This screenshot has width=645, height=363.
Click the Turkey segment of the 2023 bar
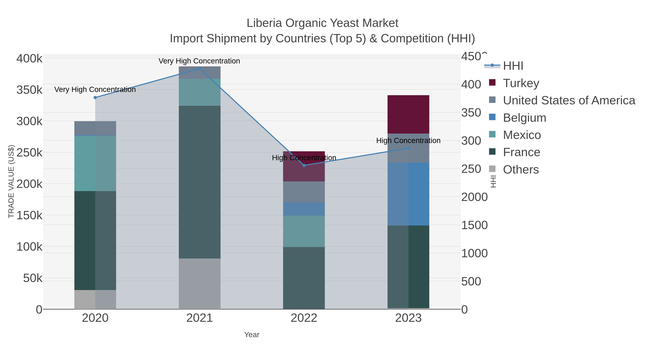[408, 114]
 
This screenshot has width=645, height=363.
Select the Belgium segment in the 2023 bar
[408, 194]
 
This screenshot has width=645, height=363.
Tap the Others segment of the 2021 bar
[200, 284]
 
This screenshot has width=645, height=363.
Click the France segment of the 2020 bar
[95, 241]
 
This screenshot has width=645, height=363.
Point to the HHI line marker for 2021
[200, 69]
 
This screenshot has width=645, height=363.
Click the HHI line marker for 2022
[304, 165]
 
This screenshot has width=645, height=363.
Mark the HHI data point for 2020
[95, 98]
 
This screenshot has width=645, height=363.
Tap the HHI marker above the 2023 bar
[408, 148]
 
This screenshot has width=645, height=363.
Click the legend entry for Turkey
[521, 83]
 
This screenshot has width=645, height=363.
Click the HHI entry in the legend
[513, 66]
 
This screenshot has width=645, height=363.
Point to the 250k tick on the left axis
[30, 153]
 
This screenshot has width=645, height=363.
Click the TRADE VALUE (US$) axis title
[11, 181]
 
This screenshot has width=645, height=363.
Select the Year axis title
[252, 335]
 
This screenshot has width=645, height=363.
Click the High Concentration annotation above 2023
[408, 141]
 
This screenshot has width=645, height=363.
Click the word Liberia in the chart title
[264, 23]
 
